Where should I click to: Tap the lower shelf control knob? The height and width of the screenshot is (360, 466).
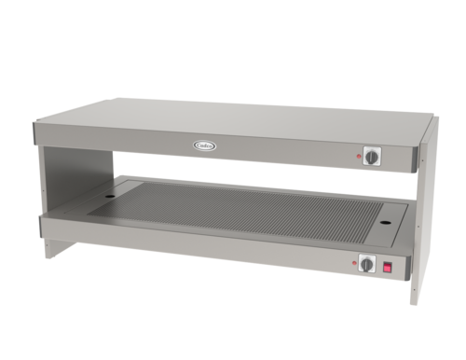point(367,265)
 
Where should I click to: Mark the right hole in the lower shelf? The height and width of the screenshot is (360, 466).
point(385,225)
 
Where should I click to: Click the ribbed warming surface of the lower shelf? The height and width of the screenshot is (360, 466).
point(252,210)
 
